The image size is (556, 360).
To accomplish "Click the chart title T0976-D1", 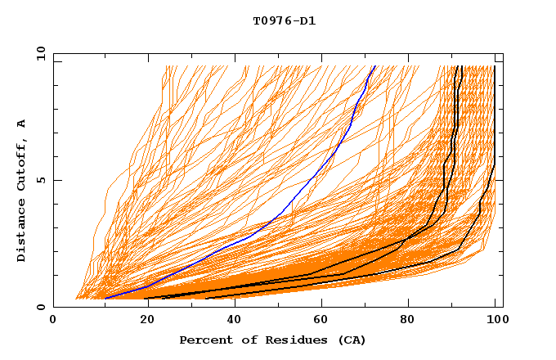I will coord(284,21).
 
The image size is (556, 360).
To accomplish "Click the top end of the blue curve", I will coord(374,66).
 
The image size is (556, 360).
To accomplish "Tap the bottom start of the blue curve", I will coord(105,299).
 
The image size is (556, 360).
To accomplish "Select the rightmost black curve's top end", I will coord(494,66).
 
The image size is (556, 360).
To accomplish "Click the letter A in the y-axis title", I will coord(22,123).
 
